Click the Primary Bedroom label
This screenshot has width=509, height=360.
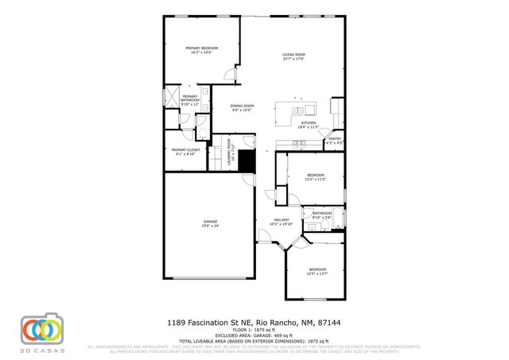[x=201, y=50]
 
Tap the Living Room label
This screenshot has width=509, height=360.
[x=293, y=56]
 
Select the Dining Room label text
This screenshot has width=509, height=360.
[x=242, y=108]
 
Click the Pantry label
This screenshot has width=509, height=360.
[x=335, y=141]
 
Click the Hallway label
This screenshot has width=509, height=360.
[x=281, y=222]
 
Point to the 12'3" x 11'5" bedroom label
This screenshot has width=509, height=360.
[x=316, y=177]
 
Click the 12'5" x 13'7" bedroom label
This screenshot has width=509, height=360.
[x=317, y=271]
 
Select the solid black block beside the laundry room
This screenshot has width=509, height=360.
[x=247, y=161]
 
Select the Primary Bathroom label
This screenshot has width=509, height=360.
[x=189, y=100]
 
